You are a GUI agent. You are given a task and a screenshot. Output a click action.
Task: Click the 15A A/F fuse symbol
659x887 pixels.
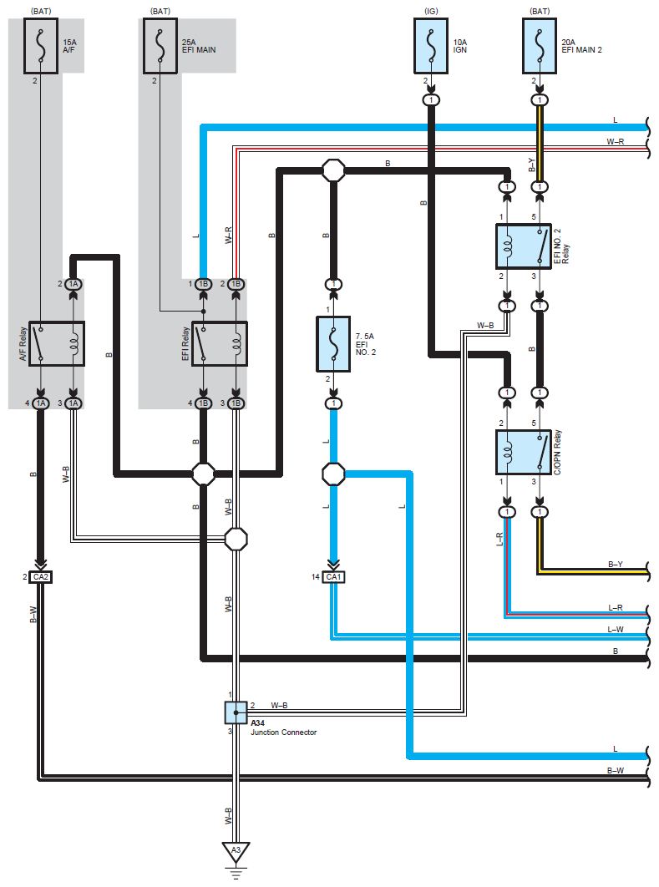click(41, 46)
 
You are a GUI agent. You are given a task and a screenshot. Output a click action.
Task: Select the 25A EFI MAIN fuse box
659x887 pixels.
click(160, 46)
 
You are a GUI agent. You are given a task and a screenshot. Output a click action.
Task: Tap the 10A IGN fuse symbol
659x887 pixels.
click(431, 46)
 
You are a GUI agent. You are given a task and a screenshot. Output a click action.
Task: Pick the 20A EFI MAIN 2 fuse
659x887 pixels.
click(540, 46)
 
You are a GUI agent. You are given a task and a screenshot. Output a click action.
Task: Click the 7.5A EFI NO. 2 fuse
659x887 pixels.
click(333, 344)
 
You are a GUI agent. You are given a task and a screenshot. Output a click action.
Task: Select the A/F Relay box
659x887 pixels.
click(57, 344)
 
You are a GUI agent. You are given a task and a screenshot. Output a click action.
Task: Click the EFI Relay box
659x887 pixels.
click(220, 344)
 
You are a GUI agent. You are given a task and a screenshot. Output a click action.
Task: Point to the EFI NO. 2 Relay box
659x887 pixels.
click(523, 246)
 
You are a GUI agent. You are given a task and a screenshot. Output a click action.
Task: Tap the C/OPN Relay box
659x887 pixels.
click(523, 452)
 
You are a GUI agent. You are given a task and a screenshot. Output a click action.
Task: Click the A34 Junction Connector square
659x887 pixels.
click(236, 712)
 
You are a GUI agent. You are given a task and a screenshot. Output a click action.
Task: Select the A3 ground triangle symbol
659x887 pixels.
click(236, 851)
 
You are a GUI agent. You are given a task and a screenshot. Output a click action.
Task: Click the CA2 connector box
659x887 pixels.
click(41, 577)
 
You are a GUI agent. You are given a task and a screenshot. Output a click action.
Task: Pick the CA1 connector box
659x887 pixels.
click(334, 577)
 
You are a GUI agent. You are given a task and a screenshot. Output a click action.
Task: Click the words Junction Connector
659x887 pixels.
click(283, 732)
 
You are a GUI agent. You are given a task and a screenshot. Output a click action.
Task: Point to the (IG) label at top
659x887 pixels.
click(431, 12)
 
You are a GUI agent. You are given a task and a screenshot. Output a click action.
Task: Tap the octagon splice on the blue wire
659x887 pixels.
click(334, 474)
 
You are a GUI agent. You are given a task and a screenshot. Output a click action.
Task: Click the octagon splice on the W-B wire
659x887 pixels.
click(236, 539)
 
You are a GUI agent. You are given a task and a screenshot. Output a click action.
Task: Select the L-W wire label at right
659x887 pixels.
click(616, 630)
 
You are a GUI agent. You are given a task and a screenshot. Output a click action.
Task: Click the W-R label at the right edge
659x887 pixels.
click(616, 141)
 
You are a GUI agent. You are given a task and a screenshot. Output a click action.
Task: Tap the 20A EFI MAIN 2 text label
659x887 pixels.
click(581, 46)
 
